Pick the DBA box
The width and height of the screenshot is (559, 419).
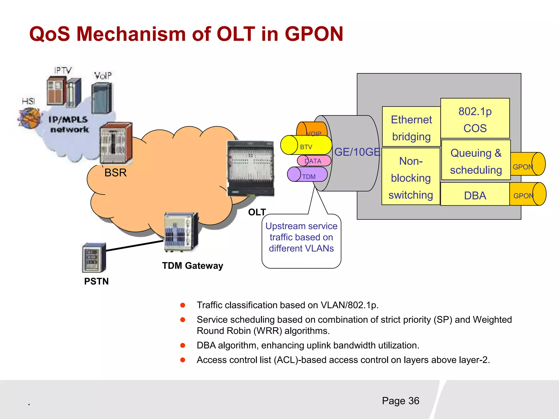(475, 194)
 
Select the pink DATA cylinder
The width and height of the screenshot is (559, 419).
(314, 161)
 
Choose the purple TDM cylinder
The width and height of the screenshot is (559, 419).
(308, 175)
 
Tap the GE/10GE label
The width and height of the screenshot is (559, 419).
(357, 152)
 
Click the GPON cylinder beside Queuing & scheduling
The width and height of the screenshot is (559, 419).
(528, 164)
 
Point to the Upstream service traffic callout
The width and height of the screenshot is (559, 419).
(301, 240)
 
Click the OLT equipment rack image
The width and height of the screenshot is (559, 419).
(251, 168)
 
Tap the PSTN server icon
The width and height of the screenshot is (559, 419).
(94, 258)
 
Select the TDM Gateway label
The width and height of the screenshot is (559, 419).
(193, 266)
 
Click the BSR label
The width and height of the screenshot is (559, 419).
(115, 173)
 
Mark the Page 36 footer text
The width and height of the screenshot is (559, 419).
(400, 401)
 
